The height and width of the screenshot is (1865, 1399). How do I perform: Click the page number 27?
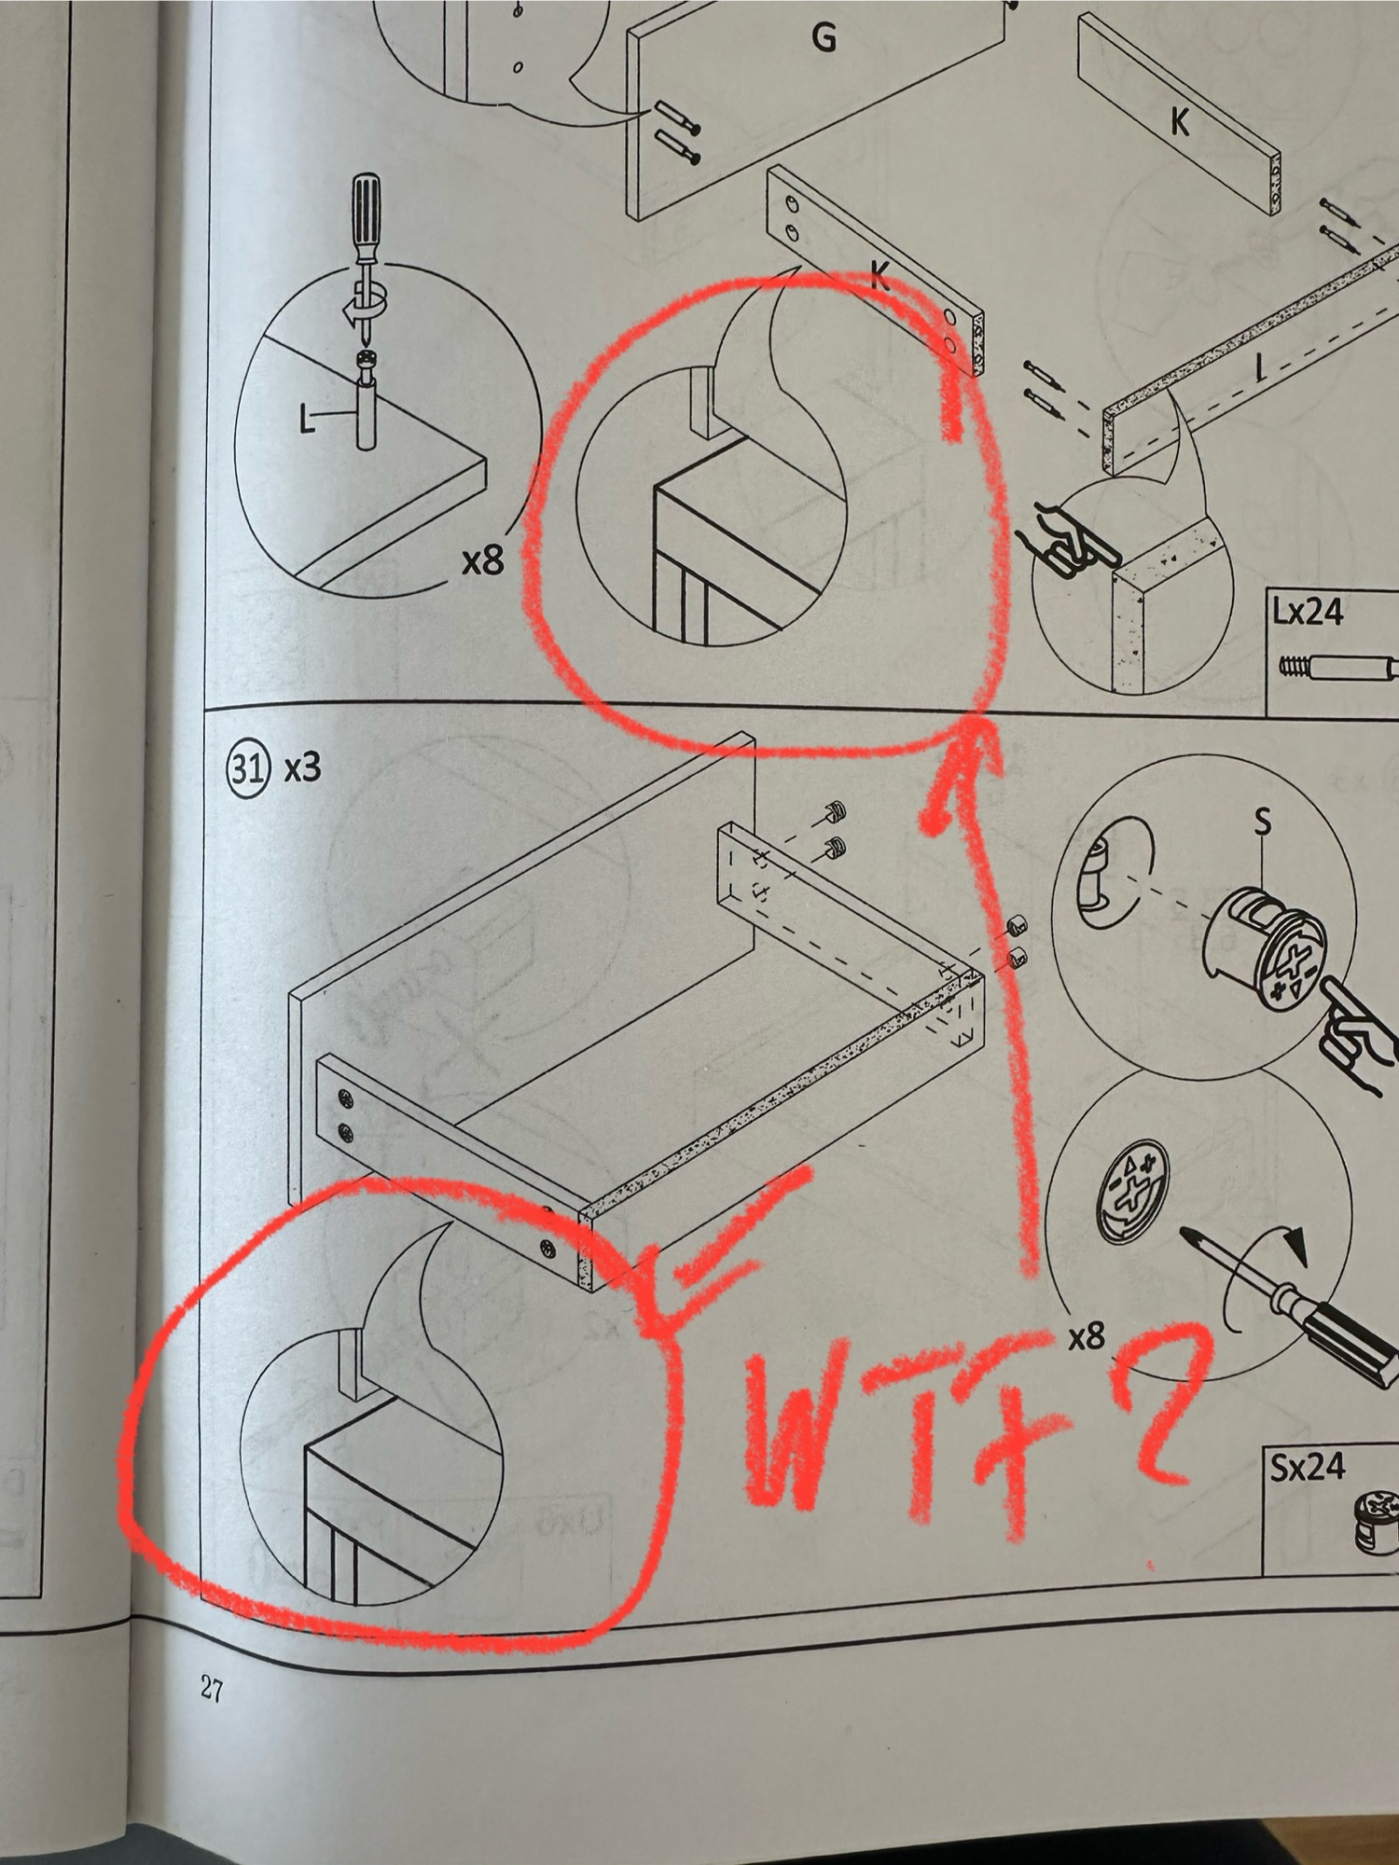[212, 1689]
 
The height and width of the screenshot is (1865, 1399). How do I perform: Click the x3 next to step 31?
[302, 768]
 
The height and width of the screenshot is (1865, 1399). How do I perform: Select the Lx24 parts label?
[1308, 612]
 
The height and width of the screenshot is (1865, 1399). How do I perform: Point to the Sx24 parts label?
[1308, 1468]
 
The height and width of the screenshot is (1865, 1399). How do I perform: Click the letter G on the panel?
[824, 37]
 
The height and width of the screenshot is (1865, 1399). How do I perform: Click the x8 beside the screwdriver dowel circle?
[483, 560]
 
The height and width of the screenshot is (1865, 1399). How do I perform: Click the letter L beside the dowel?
[307, 420]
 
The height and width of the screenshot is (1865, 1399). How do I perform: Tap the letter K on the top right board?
[1180, 121]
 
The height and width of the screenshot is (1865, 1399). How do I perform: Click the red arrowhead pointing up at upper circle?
[961, 774]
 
